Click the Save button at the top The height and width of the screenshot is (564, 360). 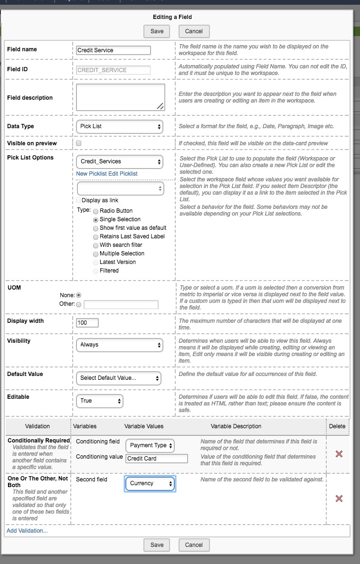click(157, 31)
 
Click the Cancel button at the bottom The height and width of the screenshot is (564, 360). click(194, 545)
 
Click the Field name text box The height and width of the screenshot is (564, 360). click(114, 50)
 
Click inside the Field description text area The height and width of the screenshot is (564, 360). click(120, 97)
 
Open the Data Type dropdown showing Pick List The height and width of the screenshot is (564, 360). click(119, 127)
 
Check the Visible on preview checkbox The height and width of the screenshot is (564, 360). click(79, 143)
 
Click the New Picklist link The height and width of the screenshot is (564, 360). click(91, 174)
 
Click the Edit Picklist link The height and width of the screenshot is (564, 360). click(123, 174)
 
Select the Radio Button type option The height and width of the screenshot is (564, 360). click(96, 211)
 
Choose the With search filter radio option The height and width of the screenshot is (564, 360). click(96, 245)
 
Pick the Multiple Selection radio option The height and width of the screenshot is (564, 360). click(96, 254)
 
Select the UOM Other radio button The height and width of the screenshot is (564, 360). click(79, 304)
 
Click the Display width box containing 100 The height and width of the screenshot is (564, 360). click(87, 323)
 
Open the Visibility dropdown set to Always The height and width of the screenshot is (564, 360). click(119, 345)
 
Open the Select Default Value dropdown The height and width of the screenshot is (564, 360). click(118, 378)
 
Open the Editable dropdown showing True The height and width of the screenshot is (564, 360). click(100, 401)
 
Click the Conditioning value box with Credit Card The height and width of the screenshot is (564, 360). click(157, 459)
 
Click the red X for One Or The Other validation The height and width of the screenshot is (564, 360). click(339, 498)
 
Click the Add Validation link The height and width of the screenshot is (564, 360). click(27, 531)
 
